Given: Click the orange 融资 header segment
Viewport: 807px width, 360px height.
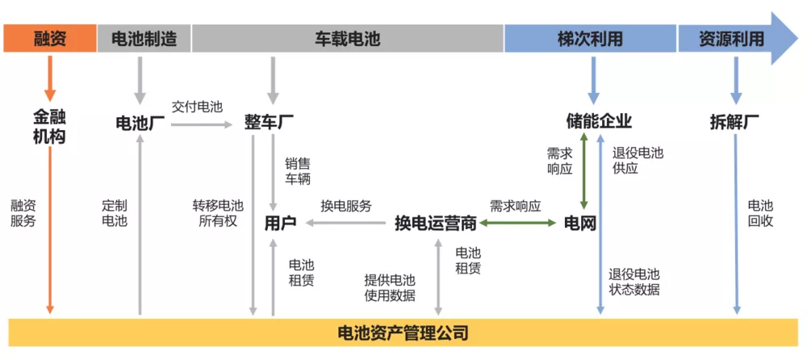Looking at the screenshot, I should (49, 38).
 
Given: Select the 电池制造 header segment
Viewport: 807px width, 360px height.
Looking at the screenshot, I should (143, 38).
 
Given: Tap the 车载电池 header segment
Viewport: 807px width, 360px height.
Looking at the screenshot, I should (347, 38).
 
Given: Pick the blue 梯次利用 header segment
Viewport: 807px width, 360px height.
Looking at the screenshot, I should (590, 38).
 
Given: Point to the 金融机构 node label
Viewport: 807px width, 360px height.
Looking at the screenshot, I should (49, 126).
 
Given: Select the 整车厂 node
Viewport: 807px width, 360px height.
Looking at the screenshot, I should (269, 123).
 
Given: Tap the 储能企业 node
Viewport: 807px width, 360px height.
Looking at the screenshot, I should (598, 122).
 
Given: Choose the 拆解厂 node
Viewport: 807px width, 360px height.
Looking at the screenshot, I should (734, 123).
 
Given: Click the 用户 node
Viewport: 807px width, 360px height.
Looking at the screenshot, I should (280, 224).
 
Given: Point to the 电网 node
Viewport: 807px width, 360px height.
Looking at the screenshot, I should (579, 224).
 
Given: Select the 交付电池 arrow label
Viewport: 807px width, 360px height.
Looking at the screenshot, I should (197, 107).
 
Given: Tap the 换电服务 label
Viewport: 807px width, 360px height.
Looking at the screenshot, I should (345, 206).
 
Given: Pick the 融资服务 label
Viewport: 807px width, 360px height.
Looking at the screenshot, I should (23, 213).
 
